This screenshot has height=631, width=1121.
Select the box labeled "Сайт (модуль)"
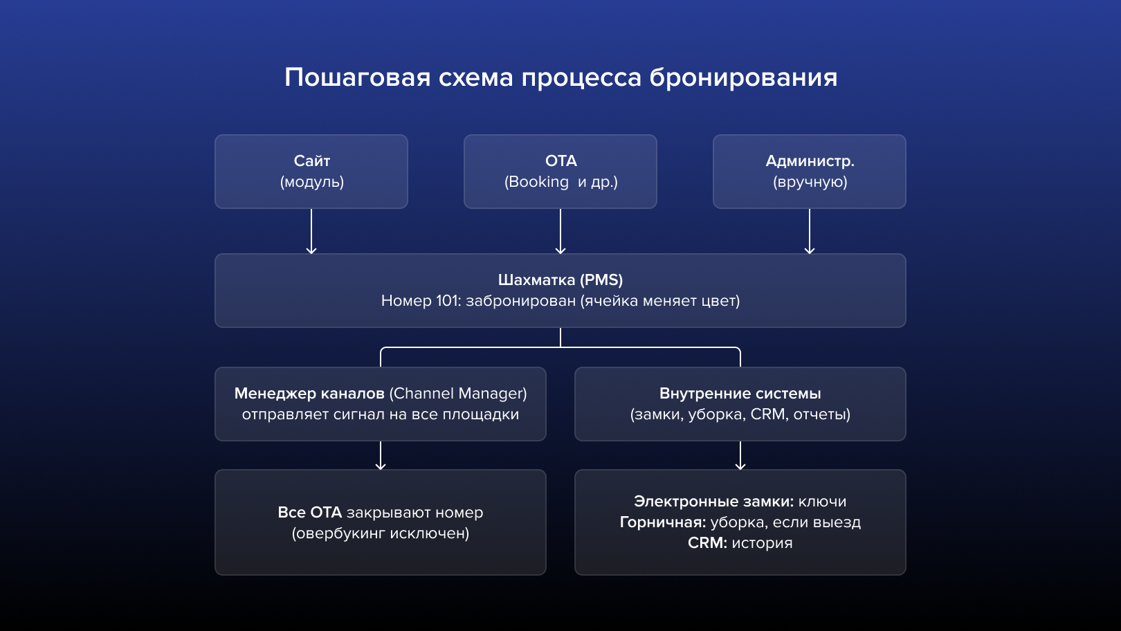click(x=311, y=172)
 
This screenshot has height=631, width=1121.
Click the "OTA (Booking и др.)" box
click(x=560, y=172)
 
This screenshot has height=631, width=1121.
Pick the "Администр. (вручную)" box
click(x=810, y=172)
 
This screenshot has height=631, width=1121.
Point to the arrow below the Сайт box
click(x=311, y=231)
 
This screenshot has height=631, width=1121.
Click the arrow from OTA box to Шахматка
click(x=560, y=231)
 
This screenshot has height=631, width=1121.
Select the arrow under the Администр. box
click(x=810, y=231)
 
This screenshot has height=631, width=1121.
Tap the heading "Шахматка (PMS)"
click(x=560, y=280)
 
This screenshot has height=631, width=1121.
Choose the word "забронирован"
click(x=520, y=301)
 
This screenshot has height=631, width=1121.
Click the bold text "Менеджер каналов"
click(x=309, y=394)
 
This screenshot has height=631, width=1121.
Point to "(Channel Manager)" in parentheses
click(x=458, y=394)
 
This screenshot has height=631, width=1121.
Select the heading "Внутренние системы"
click(x=740, y=394)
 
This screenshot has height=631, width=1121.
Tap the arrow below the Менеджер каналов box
click(x=381, y=455)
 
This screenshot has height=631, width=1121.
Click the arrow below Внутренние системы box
click(x=740, y=455)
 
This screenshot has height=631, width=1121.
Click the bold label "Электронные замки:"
click(x=713, y=502)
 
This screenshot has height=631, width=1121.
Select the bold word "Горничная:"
click(x=662, y=522)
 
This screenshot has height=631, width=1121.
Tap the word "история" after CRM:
click(x=762, y=543)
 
